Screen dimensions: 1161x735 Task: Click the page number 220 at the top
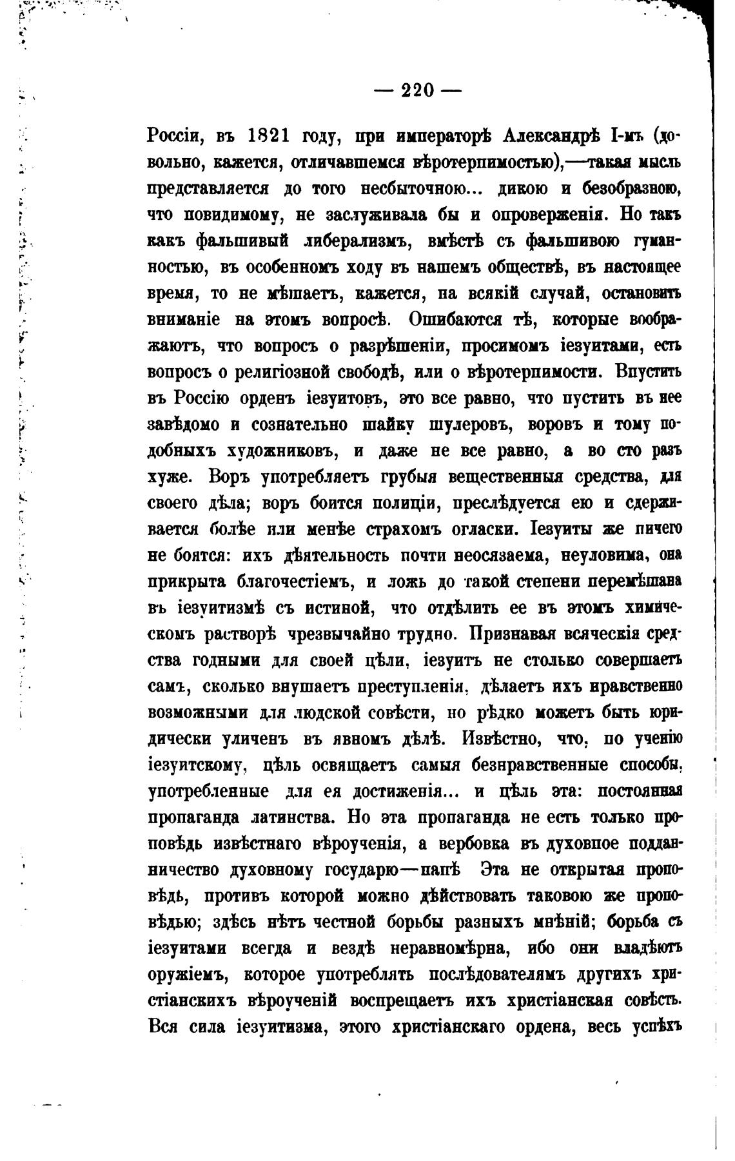click(x=418, y=90)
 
